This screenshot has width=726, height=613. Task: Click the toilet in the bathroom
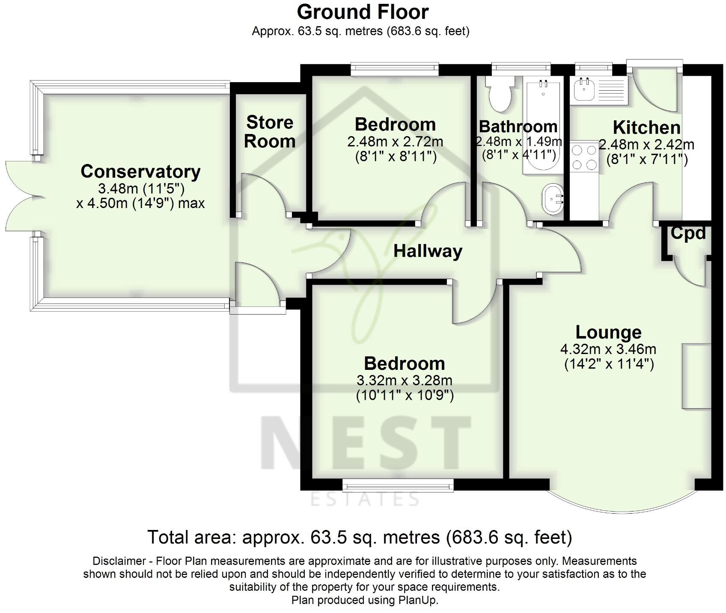point(500,95)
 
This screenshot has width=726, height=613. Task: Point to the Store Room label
point(270,132)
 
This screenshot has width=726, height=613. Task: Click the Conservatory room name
point(140,172)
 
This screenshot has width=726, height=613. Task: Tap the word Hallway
point(428,251)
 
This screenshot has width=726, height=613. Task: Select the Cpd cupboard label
point(687,233)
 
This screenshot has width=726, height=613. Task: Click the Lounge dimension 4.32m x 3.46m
point(608,349)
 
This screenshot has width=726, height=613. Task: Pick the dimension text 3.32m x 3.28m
point(405,380)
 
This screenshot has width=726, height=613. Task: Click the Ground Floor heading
point(363,12)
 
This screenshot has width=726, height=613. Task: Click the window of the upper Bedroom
point(395,68)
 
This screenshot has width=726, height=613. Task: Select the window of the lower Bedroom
point(398,485)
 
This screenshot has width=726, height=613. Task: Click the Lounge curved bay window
point(622,503)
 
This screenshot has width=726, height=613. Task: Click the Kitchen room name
point(646,128)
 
